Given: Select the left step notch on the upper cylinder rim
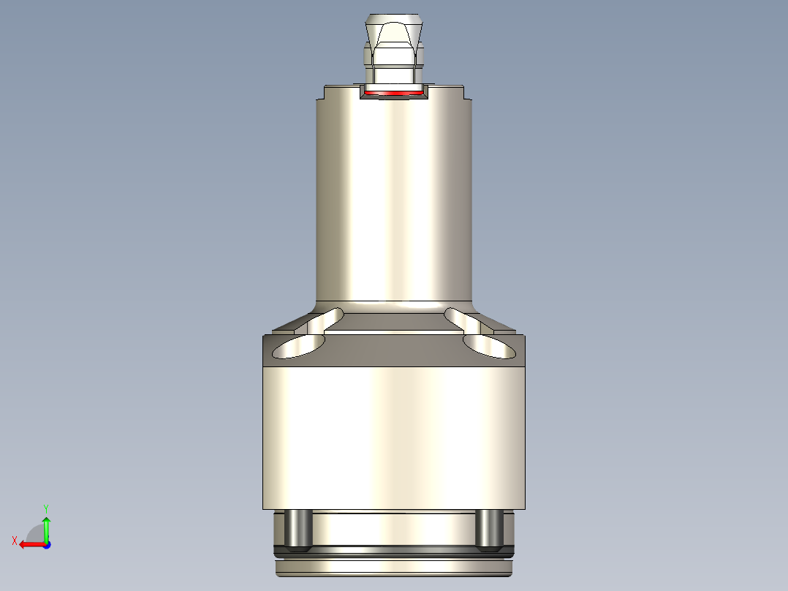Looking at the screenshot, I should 322,93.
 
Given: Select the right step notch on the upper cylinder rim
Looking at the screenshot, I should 464,93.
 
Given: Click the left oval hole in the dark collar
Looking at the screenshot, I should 299,347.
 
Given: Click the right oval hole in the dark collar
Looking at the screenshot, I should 490,347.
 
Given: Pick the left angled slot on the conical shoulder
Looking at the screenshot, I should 325,319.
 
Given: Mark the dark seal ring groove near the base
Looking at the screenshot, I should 395,550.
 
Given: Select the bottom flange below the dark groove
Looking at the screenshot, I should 395,568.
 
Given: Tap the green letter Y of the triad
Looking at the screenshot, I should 45,508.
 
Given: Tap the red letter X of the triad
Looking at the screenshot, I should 14,541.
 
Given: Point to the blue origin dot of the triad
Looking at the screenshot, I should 46,544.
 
